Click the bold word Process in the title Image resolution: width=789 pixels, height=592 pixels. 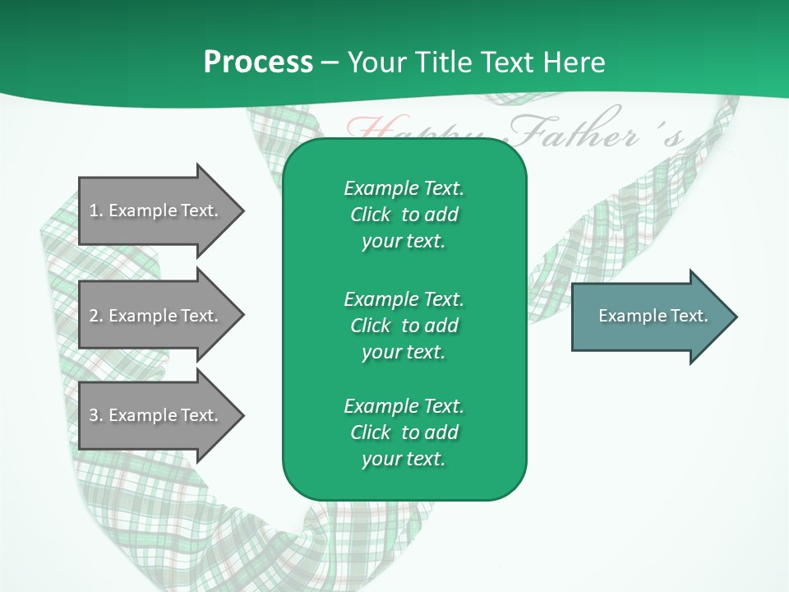point(258,62)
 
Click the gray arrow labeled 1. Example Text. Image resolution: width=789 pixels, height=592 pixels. point(156,210)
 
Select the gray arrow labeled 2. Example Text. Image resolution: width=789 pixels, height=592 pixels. point(156,316)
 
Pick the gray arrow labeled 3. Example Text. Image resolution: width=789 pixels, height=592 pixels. point(156,415)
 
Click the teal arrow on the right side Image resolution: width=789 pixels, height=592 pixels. point(649,317)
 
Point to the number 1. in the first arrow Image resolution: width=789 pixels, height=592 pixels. point(96,210)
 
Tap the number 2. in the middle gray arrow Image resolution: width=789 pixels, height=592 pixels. point(96,316)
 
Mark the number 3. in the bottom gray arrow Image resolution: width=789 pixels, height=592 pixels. point(96,415)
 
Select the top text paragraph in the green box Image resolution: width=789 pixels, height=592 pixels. point(404,215)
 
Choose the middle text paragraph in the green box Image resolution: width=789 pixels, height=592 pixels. point(404,325)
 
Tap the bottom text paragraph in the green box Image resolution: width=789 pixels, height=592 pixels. point(404,432)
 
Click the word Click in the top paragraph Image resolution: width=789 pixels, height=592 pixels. point(370,215)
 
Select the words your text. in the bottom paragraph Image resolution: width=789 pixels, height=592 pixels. point(404,459)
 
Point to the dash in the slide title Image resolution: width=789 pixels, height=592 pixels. point(330,62)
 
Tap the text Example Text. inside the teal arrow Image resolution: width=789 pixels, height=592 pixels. point(653,316)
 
